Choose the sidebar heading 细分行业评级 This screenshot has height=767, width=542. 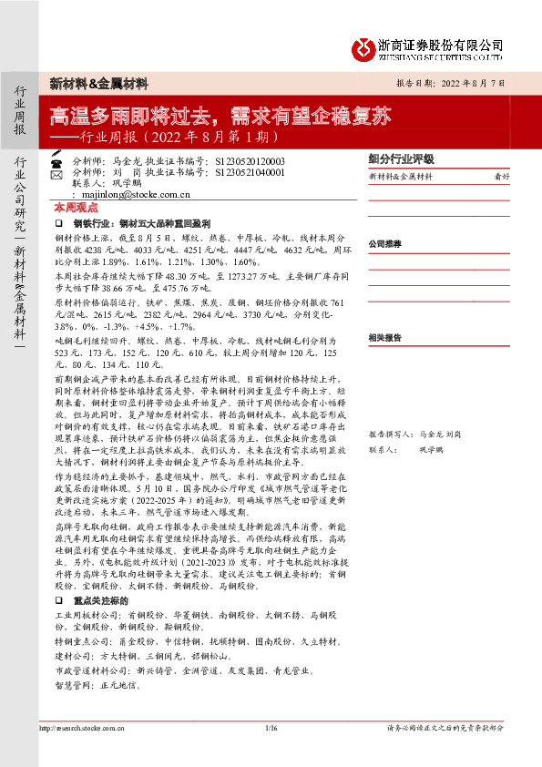402,158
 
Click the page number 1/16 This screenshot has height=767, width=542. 270,728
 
